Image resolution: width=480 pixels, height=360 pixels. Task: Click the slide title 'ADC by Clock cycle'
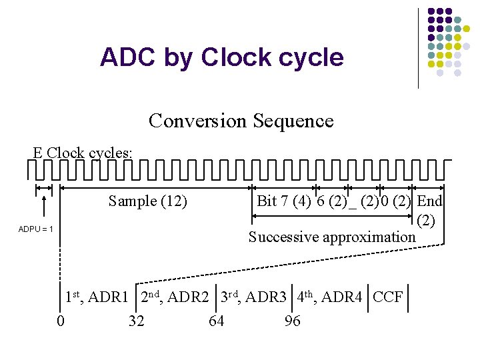[221, 57]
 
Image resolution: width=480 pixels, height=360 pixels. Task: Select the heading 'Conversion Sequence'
[241, 121]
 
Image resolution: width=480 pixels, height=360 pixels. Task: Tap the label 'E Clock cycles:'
[83, 153]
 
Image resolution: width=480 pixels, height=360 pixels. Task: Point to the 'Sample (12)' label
[147, 201]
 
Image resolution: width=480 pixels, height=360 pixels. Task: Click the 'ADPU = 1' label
[35, 229]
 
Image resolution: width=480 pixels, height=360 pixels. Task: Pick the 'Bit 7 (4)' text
[283, 201]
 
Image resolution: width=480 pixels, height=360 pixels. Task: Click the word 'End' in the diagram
[429, 201]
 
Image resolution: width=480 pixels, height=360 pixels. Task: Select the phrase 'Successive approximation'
[331, 237]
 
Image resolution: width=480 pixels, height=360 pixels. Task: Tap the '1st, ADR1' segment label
[96, 297]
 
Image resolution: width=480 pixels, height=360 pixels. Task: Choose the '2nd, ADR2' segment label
[175, 297]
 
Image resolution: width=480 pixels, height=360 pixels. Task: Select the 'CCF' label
[388, 297]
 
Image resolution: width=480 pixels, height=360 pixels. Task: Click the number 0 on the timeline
[61, 321]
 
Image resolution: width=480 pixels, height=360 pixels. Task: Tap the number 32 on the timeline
[136, 321]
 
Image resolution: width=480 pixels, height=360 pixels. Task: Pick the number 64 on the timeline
[216, 321]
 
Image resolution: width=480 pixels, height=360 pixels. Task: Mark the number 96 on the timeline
[292, 321]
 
